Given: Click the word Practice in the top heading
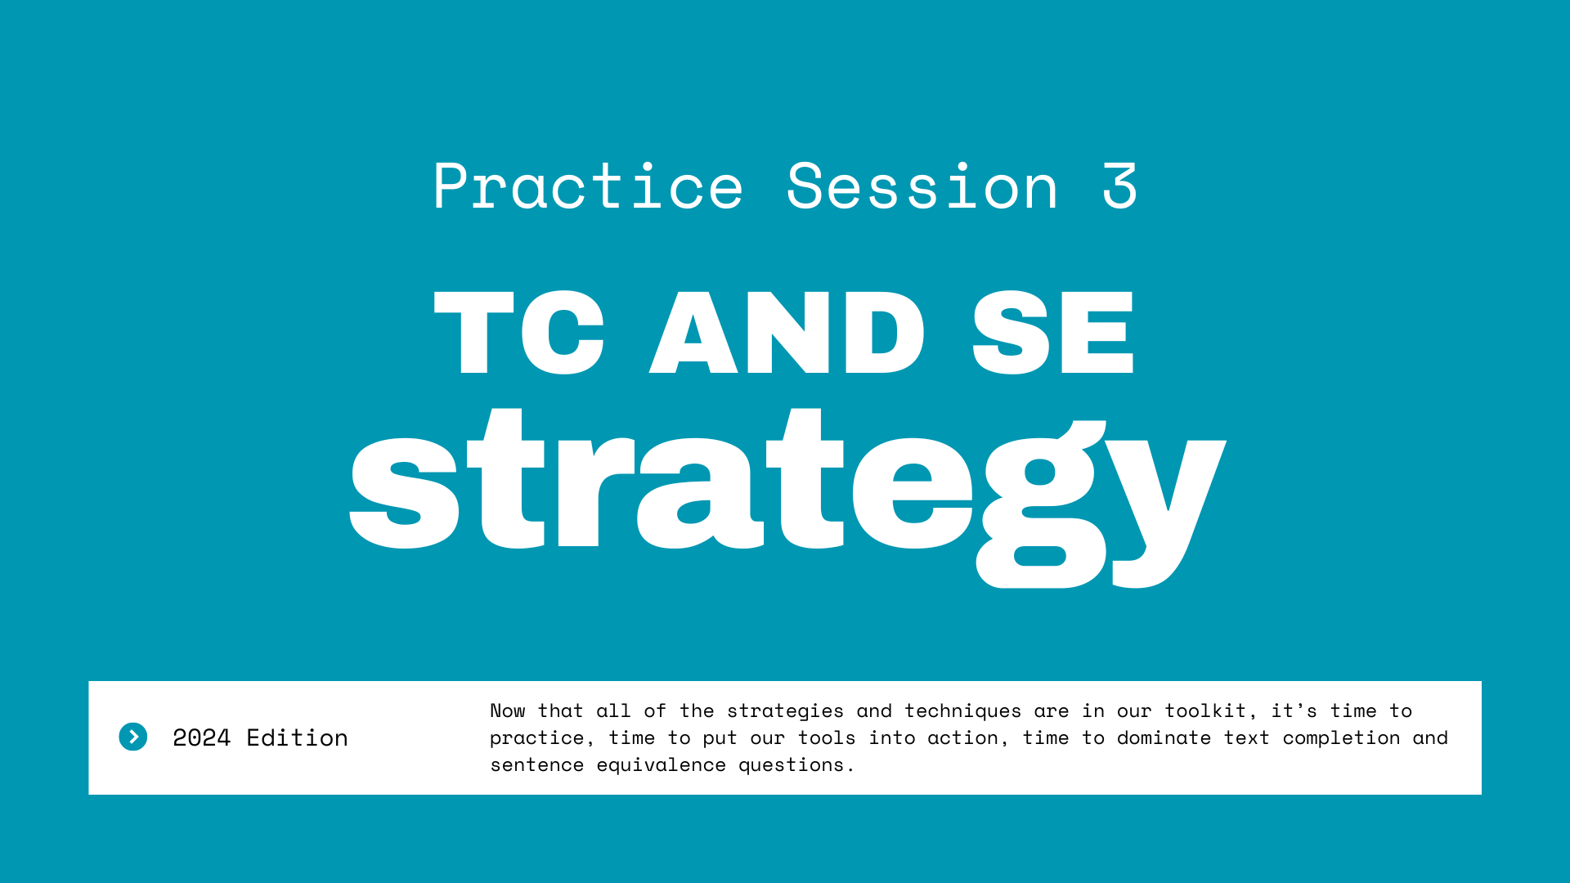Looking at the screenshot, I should [588, 186].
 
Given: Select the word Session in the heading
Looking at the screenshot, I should [922, 186].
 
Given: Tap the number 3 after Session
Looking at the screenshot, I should [1119, 186].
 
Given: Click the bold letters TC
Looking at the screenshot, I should [519, 333].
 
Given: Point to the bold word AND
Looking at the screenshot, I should [787, 333].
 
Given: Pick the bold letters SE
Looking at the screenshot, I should [1053, 333].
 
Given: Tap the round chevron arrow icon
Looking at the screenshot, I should [133, 737].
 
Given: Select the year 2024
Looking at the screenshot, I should [202, 738].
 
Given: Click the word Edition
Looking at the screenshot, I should [298, 738].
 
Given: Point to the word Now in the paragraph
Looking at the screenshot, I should [508, 711].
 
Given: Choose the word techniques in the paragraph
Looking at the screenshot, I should [962, 711].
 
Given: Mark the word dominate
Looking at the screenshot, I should [1164, 738].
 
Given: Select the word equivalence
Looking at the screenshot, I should [661, 765].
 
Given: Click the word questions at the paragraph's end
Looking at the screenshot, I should [796, 765].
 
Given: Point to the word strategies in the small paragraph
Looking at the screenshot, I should [785, 711].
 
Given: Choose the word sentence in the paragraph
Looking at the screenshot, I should [537, 765].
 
